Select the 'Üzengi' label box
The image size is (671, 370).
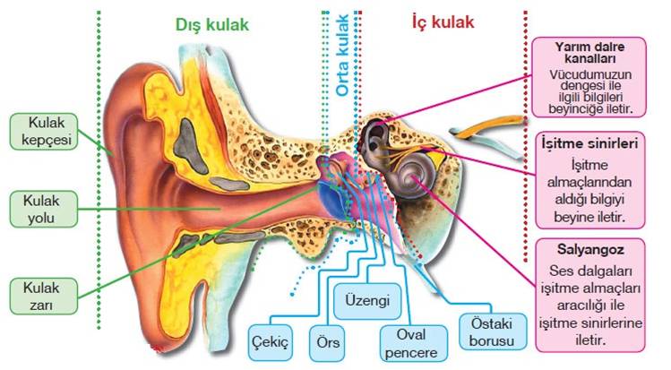366,302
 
